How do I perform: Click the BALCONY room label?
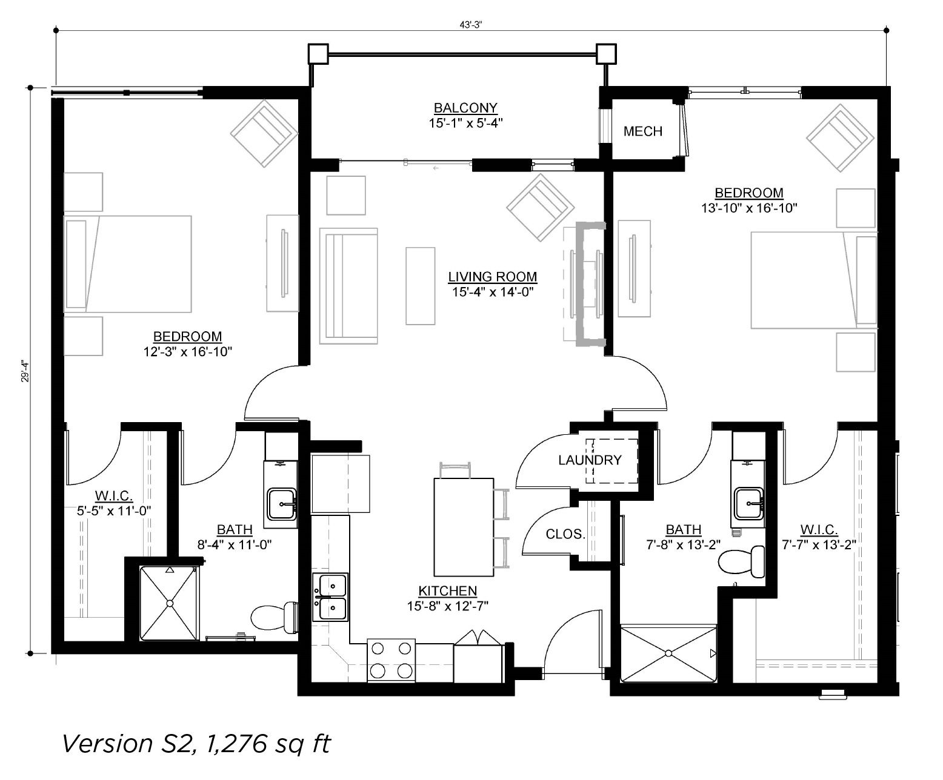click(465, 108)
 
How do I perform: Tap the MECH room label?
click(642, 131)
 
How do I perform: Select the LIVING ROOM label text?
click(492, 277)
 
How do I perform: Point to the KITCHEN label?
click(448, 591)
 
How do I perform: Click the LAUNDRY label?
click(590, 460)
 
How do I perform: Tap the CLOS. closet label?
click(565, 535)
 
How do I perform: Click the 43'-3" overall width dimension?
click(471, 25)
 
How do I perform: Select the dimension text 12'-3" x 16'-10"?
click(188, 352)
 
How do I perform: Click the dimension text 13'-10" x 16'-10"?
click(749, 208)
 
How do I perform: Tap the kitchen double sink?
click(330, 597)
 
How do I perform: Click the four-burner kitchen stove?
click(391, 660)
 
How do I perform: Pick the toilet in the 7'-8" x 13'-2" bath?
click(742, 563)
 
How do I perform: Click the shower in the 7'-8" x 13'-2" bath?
click(668, 653)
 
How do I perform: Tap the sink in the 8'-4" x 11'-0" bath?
click(282, 504)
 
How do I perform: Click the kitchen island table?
click(464, 527)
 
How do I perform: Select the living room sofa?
click(348, 286)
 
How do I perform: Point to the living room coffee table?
click(420, 286)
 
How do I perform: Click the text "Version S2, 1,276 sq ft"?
click(196, 744)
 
